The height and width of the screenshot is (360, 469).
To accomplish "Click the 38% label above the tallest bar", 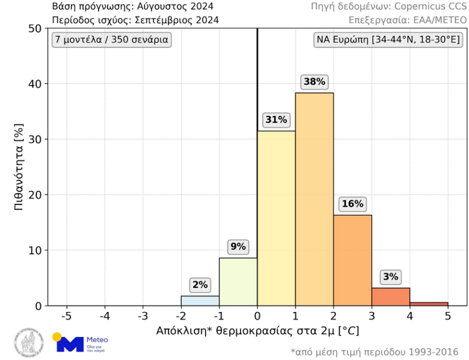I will [314, 82].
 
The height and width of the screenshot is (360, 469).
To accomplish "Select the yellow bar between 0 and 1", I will [276, 218].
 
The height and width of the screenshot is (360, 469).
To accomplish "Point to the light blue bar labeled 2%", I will [200, 301].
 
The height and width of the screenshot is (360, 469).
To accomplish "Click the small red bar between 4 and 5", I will [428, 304].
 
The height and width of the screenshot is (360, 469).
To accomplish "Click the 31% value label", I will [276, 120].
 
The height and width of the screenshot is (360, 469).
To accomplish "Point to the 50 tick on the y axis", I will [34, 28].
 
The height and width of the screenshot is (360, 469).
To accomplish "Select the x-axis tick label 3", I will [371, 316].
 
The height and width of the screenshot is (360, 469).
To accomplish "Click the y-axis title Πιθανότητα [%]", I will [19, 167].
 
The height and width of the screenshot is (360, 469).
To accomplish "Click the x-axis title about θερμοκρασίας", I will [257, 331].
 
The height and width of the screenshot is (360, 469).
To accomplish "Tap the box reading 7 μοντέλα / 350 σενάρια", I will [111, 40].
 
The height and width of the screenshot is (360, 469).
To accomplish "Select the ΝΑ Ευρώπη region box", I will [387, 40].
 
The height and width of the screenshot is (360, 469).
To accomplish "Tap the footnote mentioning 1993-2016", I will [374, 352].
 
